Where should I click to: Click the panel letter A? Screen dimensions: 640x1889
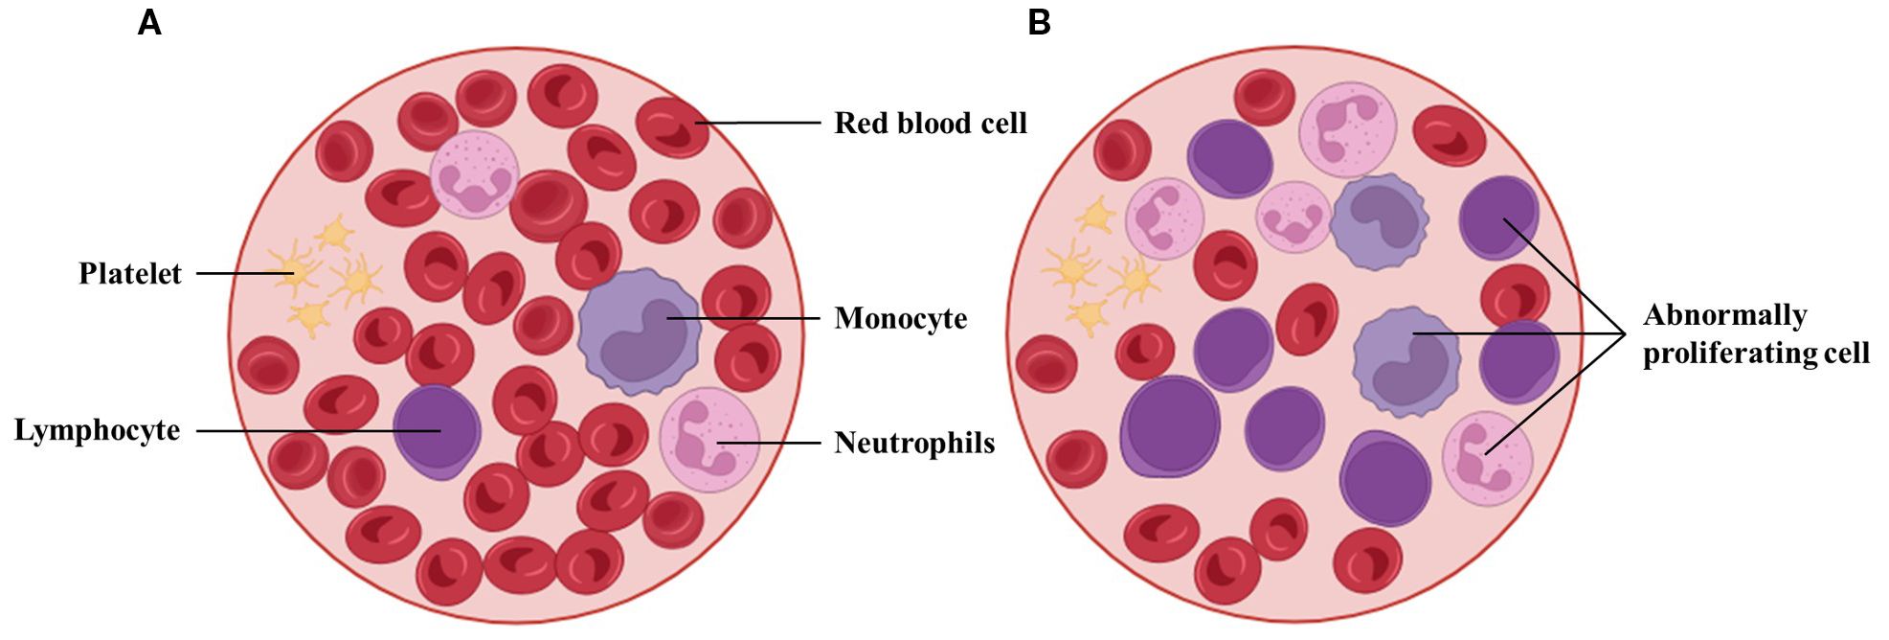click(149, 22)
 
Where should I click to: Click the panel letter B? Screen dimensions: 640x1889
click(1039, 22)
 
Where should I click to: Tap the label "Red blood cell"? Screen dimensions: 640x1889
click(930, 124)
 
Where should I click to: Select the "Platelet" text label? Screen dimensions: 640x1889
click(130, 274)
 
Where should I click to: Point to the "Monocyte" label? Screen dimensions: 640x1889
click(900, 319)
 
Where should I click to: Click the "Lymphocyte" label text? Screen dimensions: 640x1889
click(97, 430)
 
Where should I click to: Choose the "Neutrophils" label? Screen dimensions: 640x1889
click(913, 444)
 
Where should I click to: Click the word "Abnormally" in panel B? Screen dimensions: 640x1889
click(1724, 315)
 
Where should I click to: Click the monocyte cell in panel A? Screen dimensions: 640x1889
click(639, 331)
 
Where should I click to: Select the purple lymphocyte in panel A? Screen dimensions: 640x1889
click(437, 432)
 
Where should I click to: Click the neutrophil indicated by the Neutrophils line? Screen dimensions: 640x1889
click(708, 440)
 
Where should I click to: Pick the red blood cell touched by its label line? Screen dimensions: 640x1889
click(672, 126)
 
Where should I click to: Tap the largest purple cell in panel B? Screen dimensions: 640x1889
click(1170, 426)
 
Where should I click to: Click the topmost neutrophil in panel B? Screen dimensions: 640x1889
click(1346, 128)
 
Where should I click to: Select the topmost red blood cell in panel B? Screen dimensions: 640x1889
click(1264, 97)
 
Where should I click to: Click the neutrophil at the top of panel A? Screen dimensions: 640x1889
click(474, 174)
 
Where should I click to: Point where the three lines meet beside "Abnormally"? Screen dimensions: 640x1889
click(1626, 333)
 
